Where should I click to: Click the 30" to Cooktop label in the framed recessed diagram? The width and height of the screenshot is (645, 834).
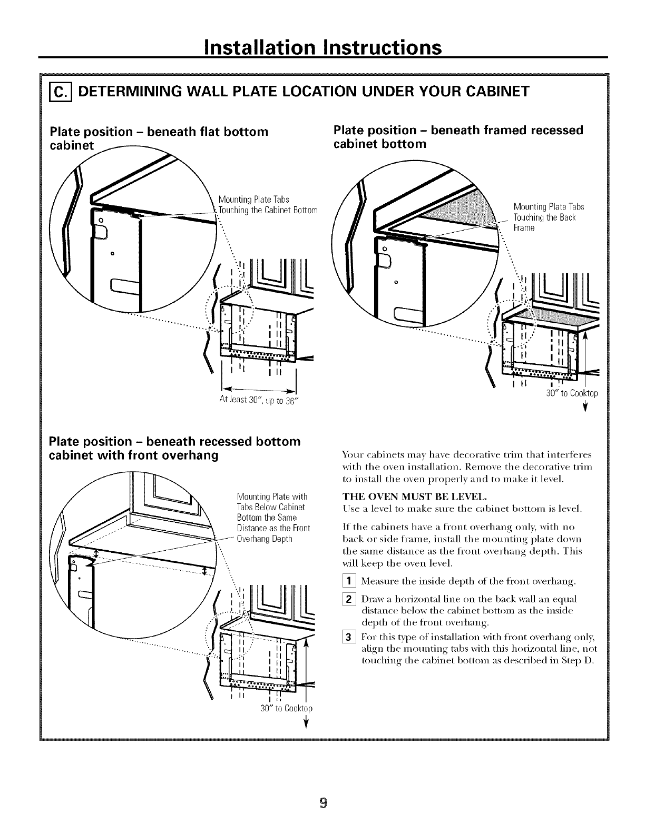(x=571, y=393)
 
